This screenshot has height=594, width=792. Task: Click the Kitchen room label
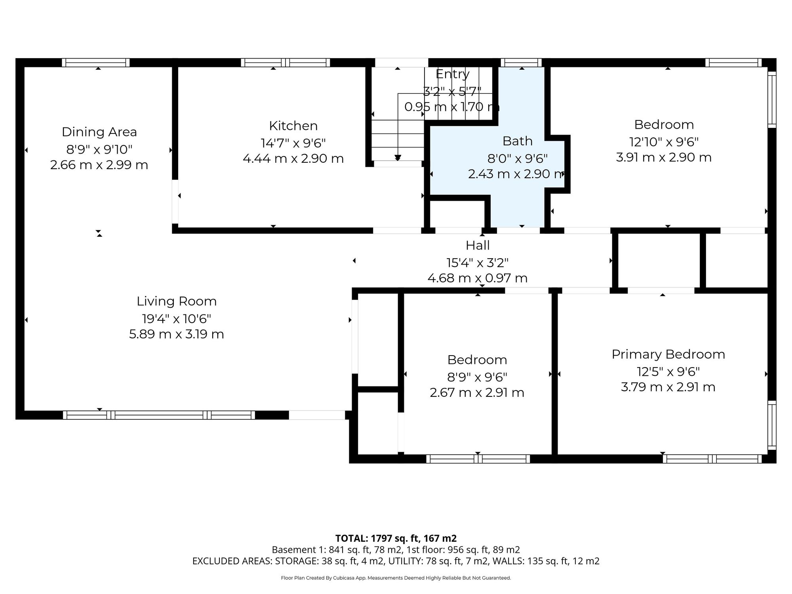[293, 126]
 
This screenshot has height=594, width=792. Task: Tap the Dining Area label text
[99, 132]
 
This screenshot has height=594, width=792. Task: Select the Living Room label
[177, 301]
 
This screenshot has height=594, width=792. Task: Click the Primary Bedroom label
[668, 354]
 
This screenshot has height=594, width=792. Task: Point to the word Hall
[478, 246]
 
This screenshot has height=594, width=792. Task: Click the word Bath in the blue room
[518, 141]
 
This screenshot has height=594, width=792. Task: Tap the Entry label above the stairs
[453, 74]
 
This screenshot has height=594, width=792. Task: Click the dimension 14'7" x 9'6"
[293, 143]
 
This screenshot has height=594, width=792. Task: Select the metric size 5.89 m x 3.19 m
[177, 334]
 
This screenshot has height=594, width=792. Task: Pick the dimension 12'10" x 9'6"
[664, 141]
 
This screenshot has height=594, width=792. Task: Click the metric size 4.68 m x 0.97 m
[478, 278]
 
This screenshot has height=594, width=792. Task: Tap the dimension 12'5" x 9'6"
[668, 371]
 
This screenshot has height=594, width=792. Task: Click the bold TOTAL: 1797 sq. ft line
[396, 538]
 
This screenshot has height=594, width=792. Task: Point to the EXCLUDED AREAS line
[396, 561]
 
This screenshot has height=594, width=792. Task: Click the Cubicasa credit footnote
[396, 578]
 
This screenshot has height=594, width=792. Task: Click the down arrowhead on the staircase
[398, 158]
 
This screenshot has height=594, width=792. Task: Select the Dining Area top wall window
[96, 63]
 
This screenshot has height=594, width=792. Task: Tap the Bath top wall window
[521, 63]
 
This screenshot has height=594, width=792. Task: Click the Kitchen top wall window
[286, 63]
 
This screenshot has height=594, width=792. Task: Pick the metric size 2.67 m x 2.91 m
[477, 393]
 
